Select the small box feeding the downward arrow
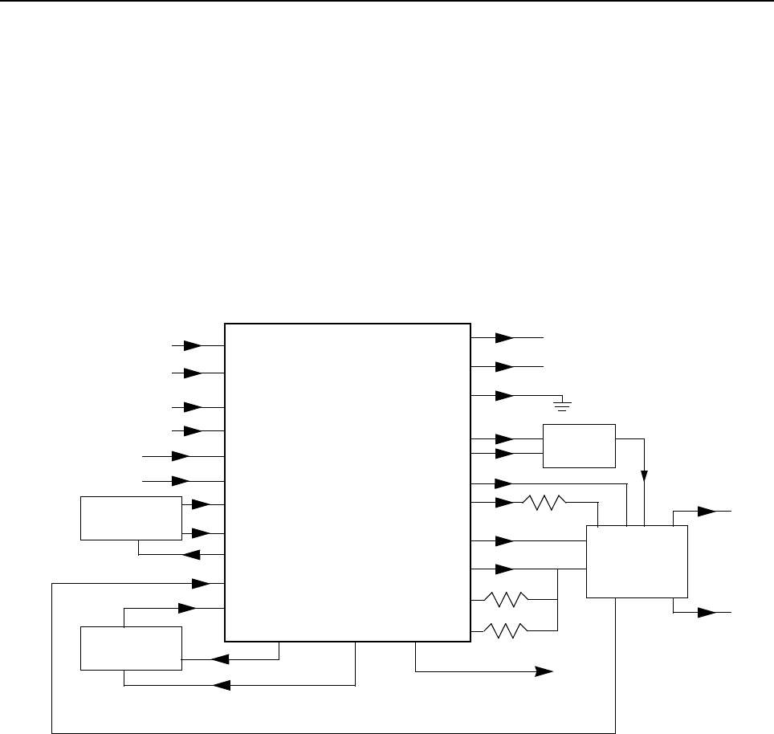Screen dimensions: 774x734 pyautogui.click(x=579, y=446)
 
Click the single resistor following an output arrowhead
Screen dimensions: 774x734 pyautogui.click(x=545, y=503)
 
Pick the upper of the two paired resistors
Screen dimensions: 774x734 pyautogui.click(x=505, y=599)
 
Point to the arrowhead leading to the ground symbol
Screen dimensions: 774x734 pyautogui.click(x=504, y=395)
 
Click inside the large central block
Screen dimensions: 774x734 pyautogui.click(x=347, y=482)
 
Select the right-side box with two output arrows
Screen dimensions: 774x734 pyautogui.click(x=637, y=561)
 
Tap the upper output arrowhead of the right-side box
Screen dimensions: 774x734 pyautogui.click(x=706, y=511)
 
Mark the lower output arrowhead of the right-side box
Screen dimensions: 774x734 pyautogui.click(x=706, y=612)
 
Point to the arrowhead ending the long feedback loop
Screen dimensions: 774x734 pyautogui.click(x=200, y=582)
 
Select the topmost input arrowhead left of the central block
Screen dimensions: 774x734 pyautogui.click(x=193, y=345)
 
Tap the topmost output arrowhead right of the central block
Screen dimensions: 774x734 pyautogui.click(x=504, y=338)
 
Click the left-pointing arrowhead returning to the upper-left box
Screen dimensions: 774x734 pyautogui.click(x=192, y=554)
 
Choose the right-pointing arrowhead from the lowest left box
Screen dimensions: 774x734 pyautogui.click(x=186, y=608)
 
